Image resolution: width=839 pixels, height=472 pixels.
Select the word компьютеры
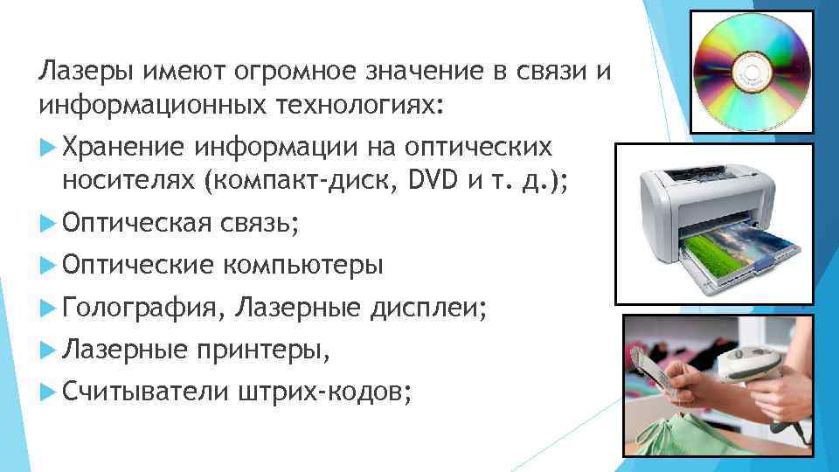[x=306, y=265]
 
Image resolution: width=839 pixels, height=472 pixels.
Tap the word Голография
[x=143, y=307]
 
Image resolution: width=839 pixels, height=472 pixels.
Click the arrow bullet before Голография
[x=49, y=307]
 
